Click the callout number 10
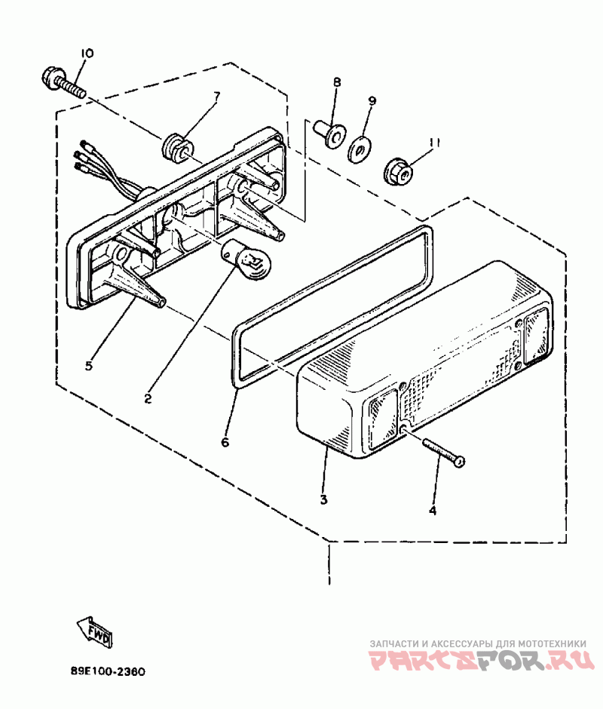(x=87, y=54)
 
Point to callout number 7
(x=216, y=96)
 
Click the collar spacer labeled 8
(x=329, y=133)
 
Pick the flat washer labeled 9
(x=360, y=149)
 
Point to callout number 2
(x=148, y=399)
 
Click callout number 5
(x=89, y=365)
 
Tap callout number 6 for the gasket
(x=225, y=441)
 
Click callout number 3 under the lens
(x=323, y=499)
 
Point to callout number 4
(x=433, y=511)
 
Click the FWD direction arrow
(x=95, y=631)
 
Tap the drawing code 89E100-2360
(x=108, y=671)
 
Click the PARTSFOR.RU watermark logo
(x=481, y=661)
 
